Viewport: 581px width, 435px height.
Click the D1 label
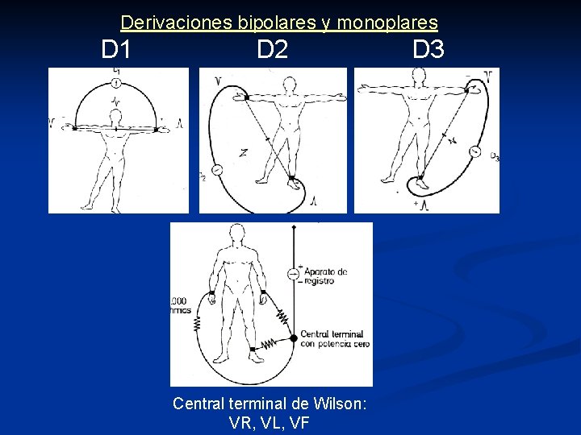click(116, 50)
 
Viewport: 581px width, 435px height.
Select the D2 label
click(272, 50)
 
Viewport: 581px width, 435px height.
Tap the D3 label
click(428, 50)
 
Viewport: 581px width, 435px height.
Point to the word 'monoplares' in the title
click(387, 23)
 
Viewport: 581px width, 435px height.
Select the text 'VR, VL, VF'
click(270, 422)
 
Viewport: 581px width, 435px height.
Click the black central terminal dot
click(293, 338)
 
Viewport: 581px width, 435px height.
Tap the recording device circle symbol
click(293, 275)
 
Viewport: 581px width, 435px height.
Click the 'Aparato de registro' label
click(323, 276)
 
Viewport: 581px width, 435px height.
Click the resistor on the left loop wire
click(196, 322)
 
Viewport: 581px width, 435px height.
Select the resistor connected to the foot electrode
click(272, 345)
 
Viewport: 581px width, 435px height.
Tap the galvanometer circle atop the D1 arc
click(117, 83)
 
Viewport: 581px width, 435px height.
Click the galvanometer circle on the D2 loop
click(219, 171)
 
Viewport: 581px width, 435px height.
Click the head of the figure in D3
click(418, 75)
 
